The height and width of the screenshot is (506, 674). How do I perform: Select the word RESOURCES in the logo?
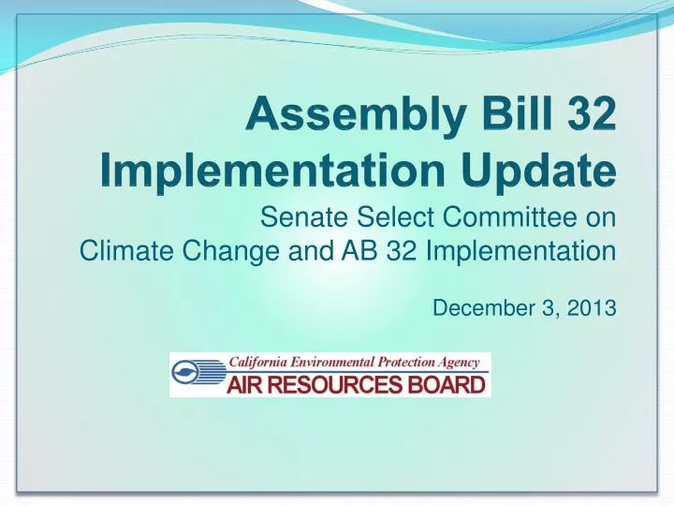click(344, 384)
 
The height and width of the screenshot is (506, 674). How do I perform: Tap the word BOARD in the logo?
click(447, 384)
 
